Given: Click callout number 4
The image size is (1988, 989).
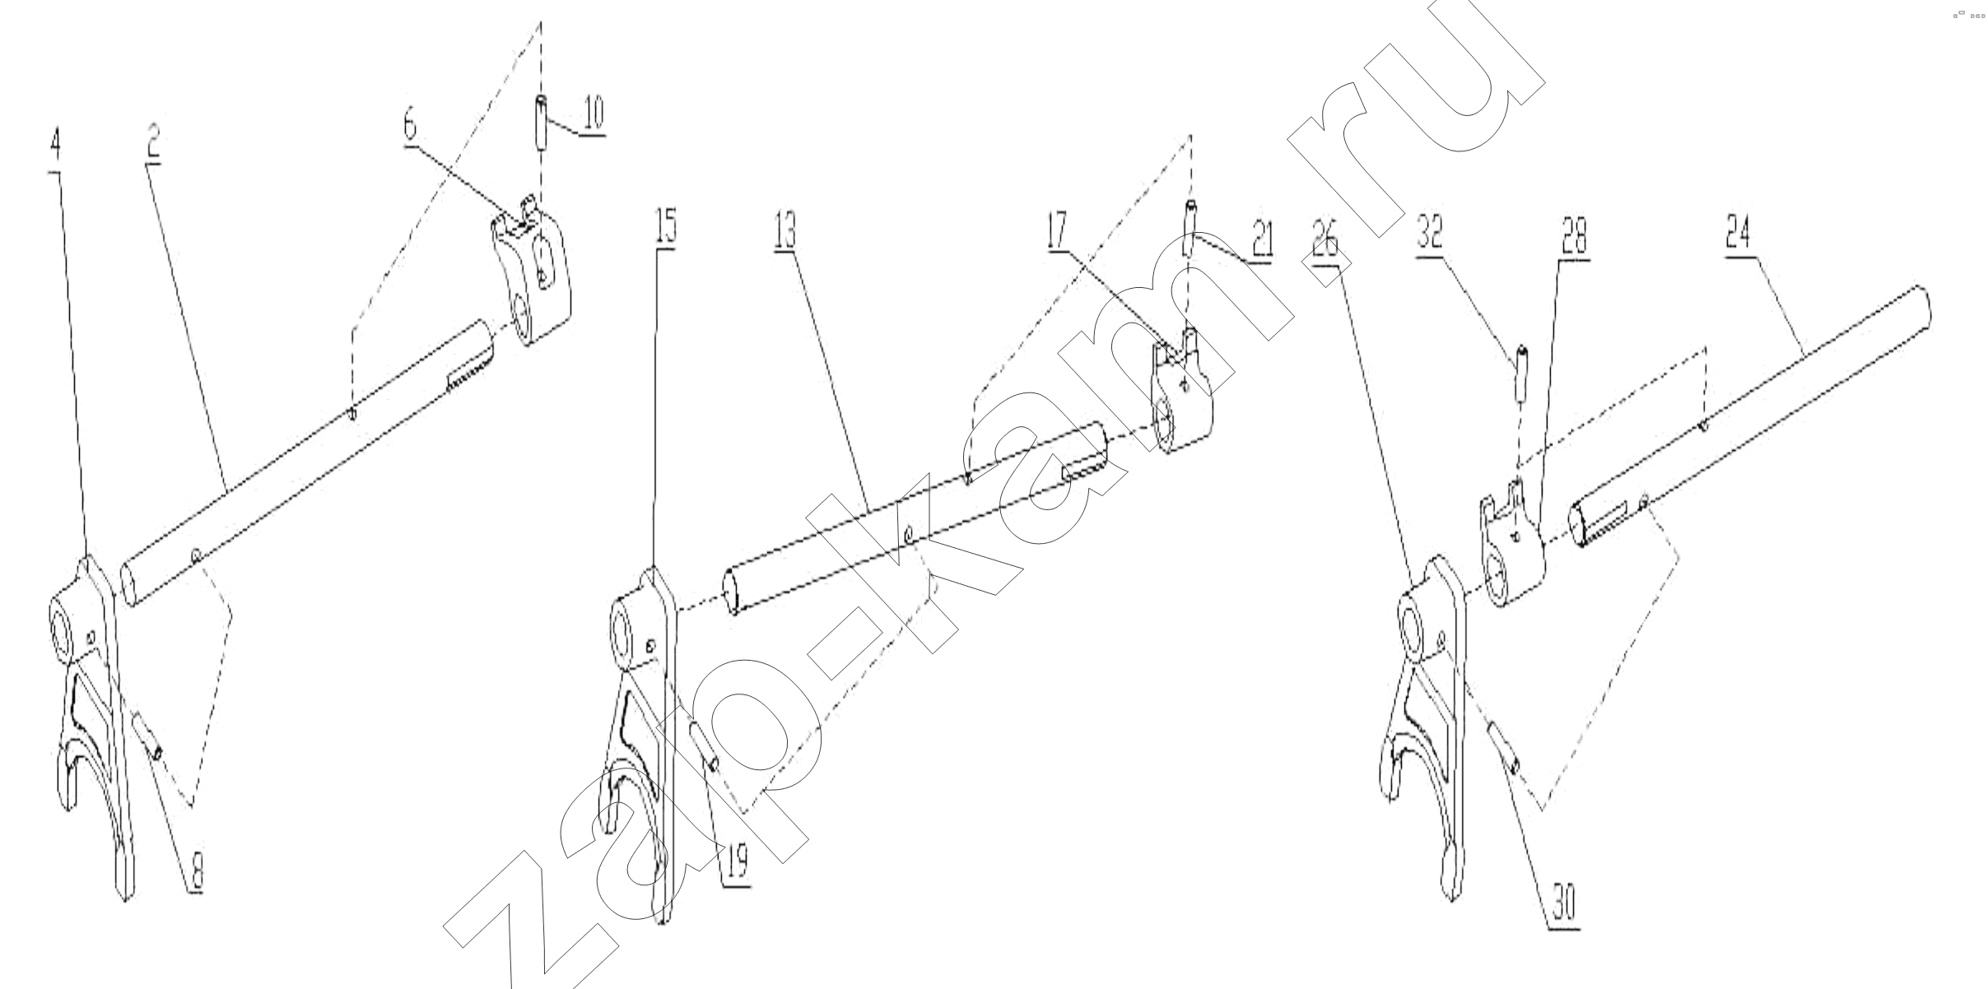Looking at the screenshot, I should click(x=55, y=146).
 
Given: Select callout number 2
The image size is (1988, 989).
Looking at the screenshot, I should click(x=154, y=142).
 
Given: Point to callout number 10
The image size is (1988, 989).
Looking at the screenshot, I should click(x=592, y=114).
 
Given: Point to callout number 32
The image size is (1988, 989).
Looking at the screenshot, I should click(x=1430, y=231).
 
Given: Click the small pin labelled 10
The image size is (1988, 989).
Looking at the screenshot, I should click(x=542, y=122).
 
